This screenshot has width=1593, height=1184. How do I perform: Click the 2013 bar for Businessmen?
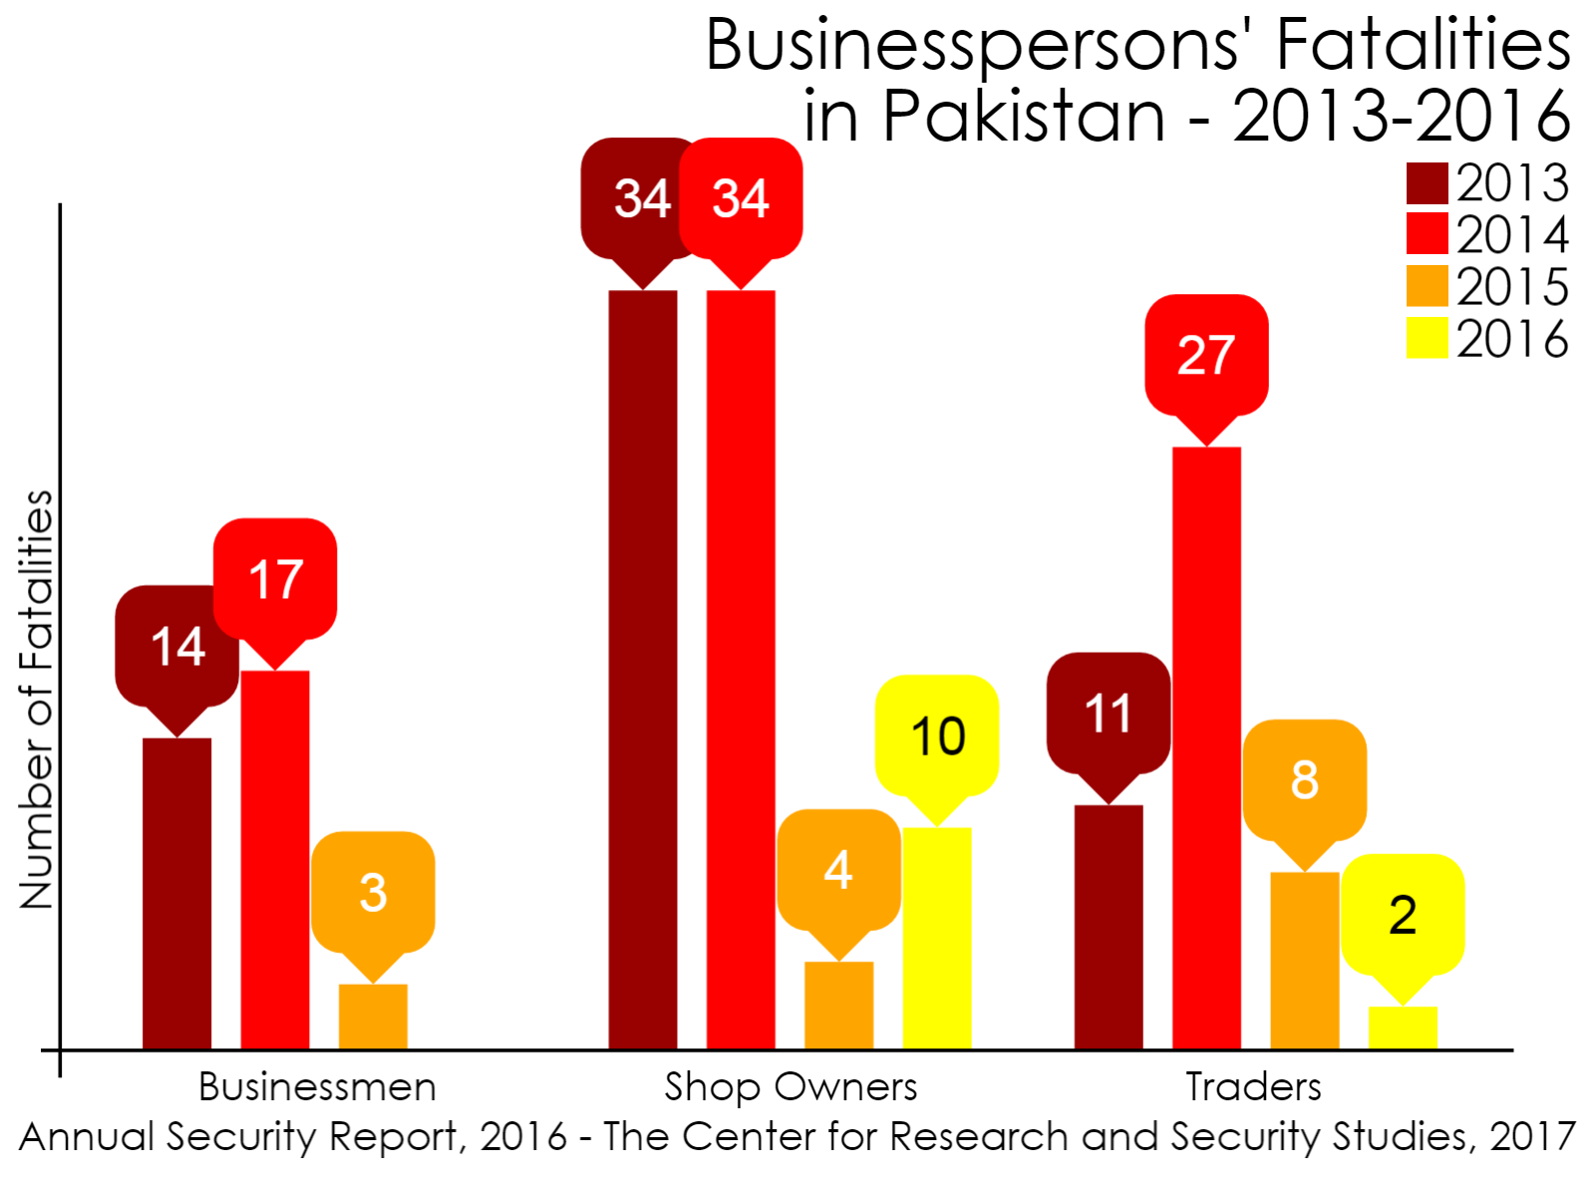tap(176, 893)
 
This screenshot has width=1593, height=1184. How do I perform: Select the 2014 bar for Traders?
tap(1206, 747)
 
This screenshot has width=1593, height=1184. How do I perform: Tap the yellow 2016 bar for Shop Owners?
tap(936, 938)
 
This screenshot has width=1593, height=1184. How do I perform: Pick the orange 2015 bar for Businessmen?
tap(373, 1017)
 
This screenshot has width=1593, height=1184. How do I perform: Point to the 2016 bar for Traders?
tap(1402, 1028)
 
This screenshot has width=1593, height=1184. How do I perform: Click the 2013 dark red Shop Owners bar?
tap(643, 669)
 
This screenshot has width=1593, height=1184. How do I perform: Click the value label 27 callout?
tap(1206, 355)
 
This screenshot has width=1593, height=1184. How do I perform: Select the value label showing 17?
tap(275, 579)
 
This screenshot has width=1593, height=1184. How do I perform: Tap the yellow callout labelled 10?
tap(937, 736)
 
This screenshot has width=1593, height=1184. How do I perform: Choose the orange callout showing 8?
tap(1304, 779)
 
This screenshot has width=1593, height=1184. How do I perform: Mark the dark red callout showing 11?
tap(1109, 713)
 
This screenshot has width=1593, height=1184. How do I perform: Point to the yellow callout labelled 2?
tap(1402, 914)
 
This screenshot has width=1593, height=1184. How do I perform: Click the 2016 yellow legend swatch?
tap(1427, 338)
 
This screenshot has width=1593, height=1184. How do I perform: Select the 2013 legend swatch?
tap(1427, 183)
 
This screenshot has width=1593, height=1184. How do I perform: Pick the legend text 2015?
tap(1512, 287)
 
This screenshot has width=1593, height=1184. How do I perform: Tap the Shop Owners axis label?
tap(791, 1086)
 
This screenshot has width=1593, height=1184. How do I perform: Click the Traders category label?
tap(1253, 1086)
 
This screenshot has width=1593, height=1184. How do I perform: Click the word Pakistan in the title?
tap(1024, 117)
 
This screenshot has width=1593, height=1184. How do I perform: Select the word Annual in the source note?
tap(87, 1136)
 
